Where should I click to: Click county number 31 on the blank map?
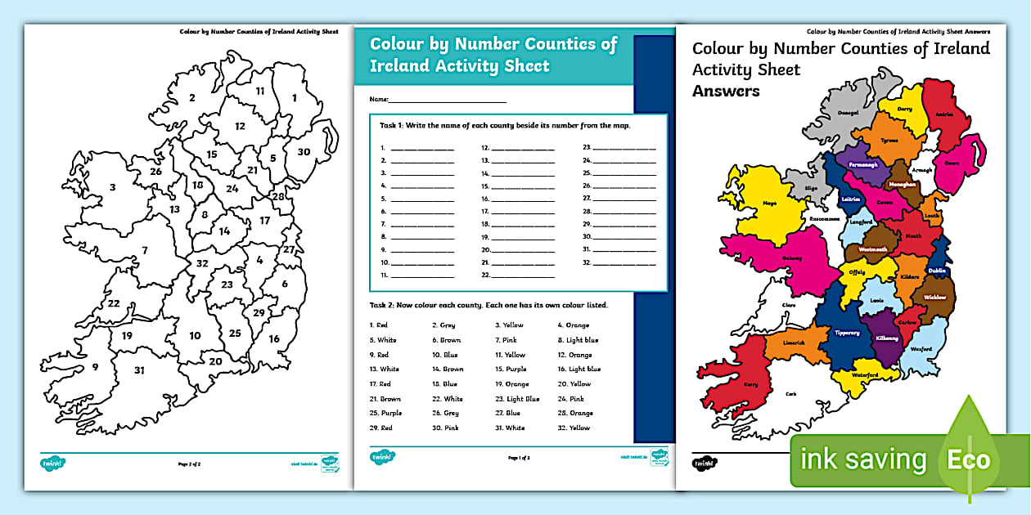click(139, 370)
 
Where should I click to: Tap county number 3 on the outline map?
click(112, 187)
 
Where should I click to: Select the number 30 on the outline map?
click(303, 152)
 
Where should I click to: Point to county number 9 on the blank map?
click(95, 367)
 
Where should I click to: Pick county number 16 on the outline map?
click(274, 338)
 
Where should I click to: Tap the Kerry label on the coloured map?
click(750, 383)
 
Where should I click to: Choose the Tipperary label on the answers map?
click(846, 333)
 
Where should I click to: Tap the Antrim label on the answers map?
click(944, 114)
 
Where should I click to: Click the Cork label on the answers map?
click(790, 394)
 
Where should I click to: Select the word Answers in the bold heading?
click(726, 91)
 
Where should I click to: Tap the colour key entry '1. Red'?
click(378, 325)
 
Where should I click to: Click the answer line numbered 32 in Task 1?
click(624, 263)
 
